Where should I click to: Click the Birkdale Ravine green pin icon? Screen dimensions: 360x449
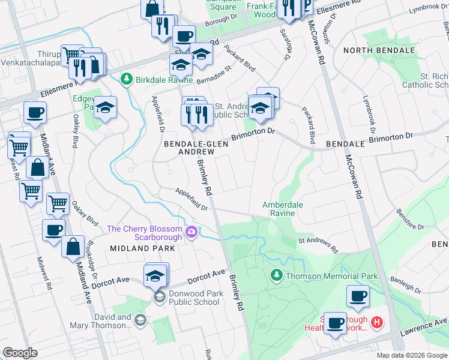point(127,79)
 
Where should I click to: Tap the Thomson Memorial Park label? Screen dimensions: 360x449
point(332,276)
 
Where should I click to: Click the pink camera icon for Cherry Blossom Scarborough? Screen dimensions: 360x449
point(191,232)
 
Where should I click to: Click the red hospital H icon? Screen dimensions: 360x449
point(377,323)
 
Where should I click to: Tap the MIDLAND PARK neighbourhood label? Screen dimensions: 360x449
point(134,248)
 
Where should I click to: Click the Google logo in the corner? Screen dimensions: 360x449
point(20,353)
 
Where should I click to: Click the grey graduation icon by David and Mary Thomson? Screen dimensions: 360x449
point(140,320)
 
